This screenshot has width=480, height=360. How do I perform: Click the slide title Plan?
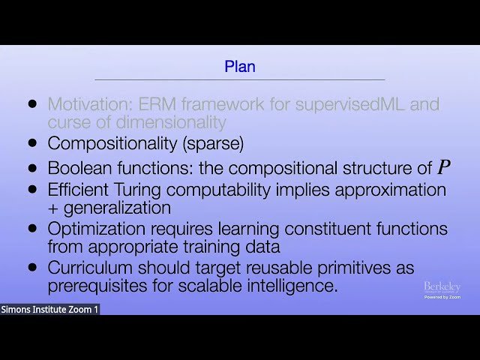(240, 67)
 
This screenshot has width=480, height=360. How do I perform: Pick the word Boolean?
(76, 168)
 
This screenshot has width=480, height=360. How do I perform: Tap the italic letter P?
(444, 167)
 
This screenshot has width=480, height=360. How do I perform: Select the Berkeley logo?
(442, 288)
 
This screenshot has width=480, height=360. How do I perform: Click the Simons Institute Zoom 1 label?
(49, 309)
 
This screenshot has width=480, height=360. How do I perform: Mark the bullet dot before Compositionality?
(32, 142)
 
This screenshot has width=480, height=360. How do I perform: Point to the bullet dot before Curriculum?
(32, 267)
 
